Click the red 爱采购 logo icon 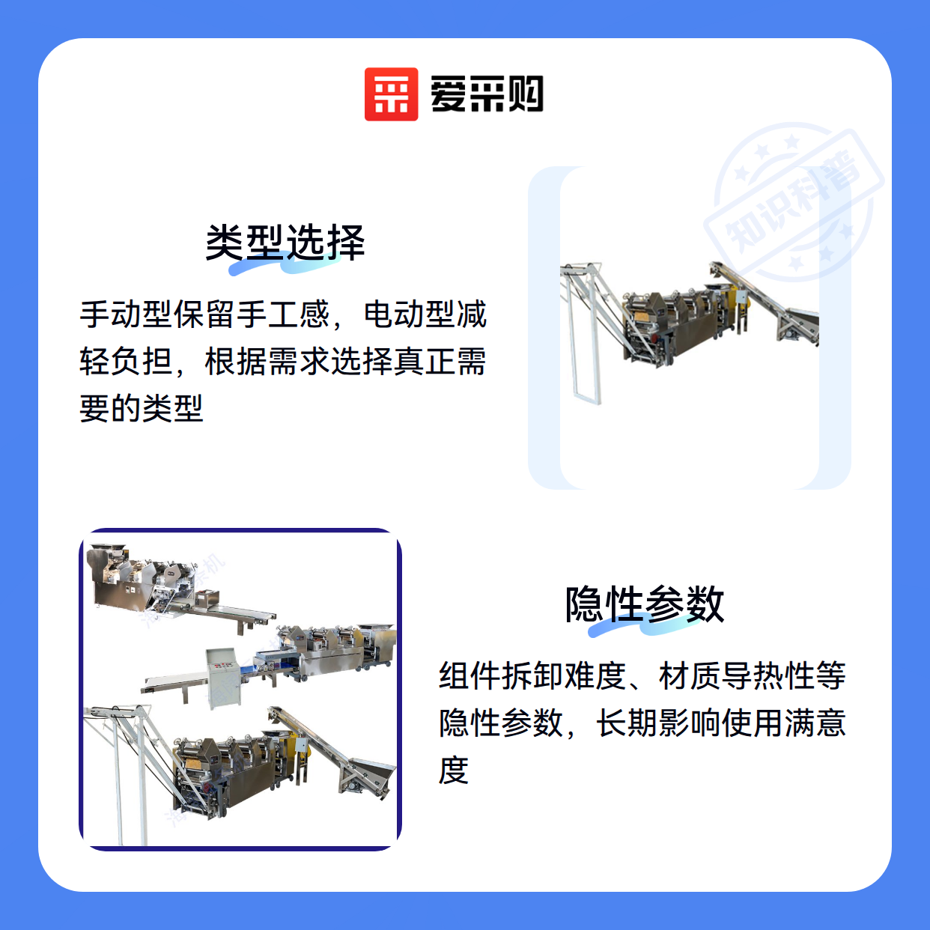coord(391,94)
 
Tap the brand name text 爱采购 coord(487,94)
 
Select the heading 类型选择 coord(285,243)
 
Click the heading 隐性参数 coord(644,604)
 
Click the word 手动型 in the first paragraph coord(126,314)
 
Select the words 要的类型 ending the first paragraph coord(142,408)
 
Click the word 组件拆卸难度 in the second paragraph coord(532,675)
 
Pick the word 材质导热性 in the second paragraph coord(737,675)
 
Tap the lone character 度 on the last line coord(454,770)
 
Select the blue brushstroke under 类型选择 coord(285,264)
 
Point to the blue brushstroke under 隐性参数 coord(644,625)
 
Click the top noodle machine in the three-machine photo coord(181,586)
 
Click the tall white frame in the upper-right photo coord(585,333)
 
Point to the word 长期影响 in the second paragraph coord(657,723)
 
